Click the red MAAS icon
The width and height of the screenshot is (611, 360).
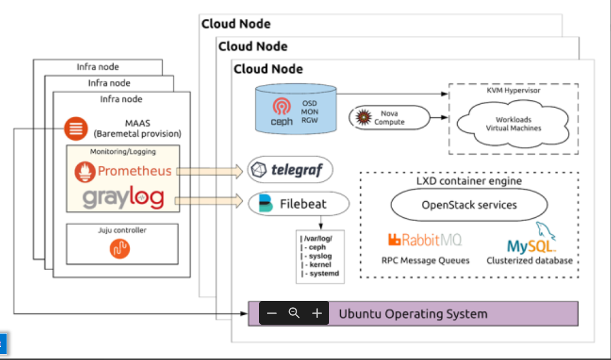click(x=76, y=129)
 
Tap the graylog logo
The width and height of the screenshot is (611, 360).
click(x=123, y=198)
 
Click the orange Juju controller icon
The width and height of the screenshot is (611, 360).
click(x=120, y=249)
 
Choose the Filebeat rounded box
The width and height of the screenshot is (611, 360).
click(x=298, y=203)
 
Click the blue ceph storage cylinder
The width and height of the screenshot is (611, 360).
click(x=296, y=109)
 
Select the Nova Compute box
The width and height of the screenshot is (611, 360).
click(x=389, y=118)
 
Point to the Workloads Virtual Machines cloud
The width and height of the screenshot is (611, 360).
click(x=513, y=123)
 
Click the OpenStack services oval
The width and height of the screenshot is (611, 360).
click(x=469, y=205)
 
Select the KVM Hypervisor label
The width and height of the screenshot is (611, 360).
click(x=513, y=90)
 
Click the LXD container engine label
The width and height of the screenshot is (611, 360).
click(x=469, y=181)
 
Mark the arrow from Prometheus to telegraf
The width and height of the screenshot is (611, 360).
click(x=209, y=171)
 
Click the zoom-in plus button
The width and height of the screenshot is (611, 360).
click(x=317, y=313)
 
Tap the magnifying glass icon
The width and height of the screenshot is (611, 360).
click(x=294, y=313)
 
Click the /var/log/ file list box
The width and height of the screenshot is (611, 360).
click(x=320, y=256)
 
